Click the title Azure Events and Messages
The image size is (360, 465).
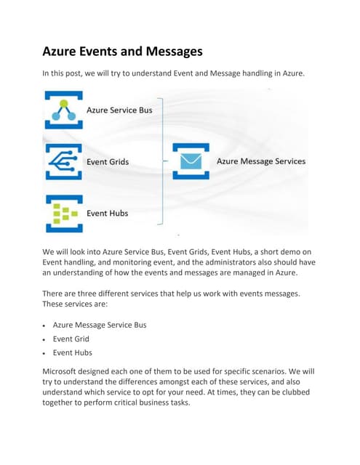click(123, 52)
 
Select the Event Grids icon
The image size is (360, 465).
click(63, 161)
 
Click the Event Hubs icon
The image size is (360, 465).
click(63, 214)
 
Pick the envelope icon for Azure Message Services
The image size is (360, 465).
click(191, 161)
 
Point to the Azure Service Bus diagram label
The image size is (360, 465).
click(120, 110)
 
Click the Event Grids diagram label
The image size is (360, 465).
click(108, 161)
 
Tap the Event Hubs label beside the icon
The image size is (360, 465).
click(107, 214)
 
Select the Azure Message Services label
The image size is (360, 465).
click(261, 161)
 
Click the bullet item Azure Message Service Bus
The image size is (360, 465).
click(100, 325)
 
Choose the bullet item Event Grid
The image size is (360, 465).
click(71, 339)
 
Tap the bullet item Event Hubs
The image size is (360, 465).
click(73, 352)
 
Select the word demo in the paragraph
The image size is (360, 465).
click(291, 251)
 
